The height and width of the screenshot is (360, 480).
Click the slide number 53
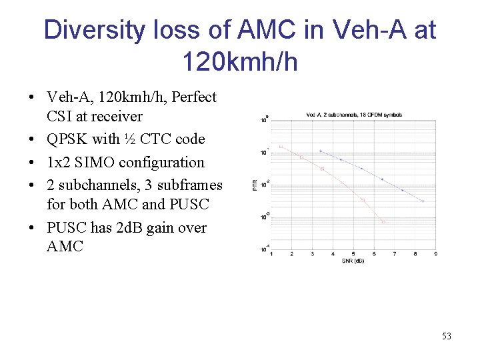click(447, 336)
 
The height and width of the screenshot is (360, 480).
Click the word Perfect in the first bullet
click(194, 97)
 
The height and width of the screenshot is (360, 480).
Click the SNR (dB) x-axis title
click(354, 260)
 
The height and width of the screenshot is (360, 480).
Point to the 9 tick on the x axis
click(435, 254)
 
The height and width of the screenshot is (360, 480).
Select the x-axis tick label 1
click(271, 254)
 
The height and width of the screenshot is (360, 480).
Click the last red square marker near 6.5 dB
click(383, 222)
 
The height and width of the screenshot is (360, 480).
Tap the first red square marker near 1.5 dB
click(281, 147)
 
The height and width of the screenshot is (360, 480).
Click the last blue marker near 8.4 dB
click(423, 201)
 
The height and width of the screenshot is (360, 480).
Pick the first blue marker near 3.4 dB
click(321, 151)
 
